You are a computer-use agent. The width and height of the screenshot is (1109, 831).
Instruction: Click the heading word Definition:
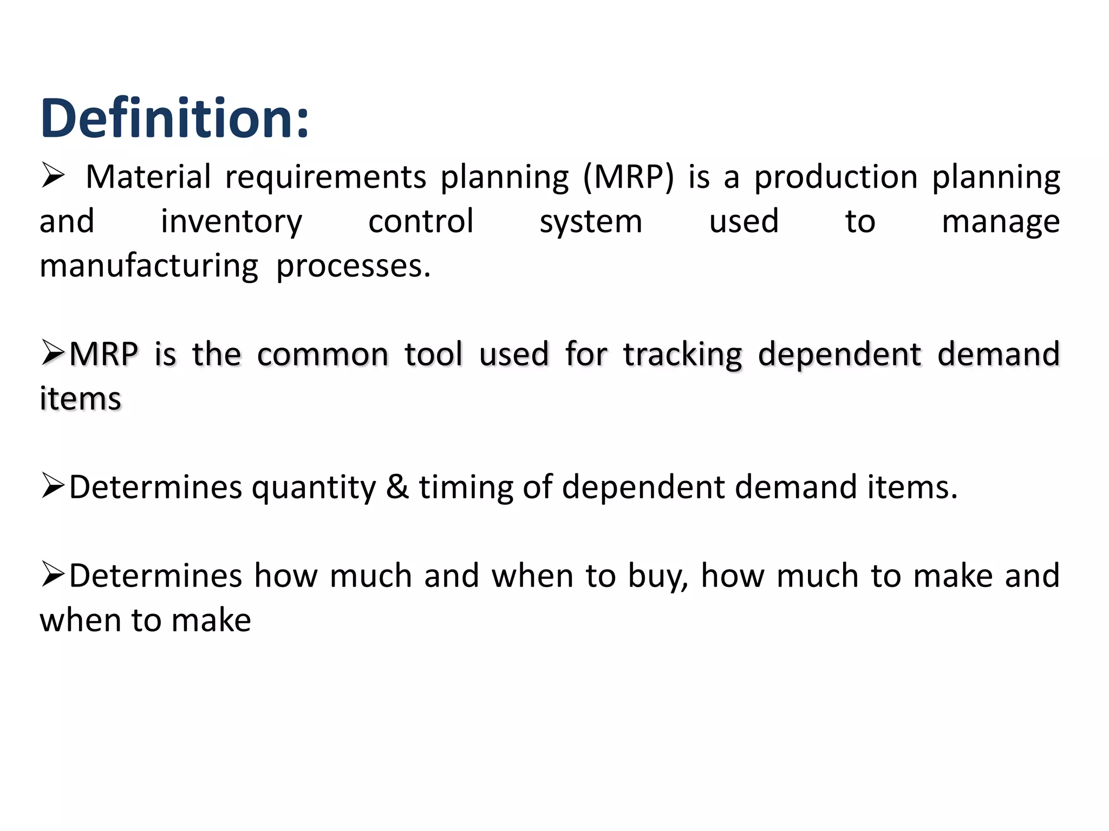point(174,118)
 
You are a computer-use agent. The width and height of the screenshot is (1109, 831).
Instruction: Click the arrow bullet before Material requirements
point(53,176)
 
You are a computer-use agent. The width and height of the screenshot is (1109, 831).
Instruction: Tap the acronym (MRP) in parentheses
point(629,177)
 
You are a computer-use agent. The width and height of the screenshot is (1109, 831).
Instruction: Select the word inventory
point(231,222)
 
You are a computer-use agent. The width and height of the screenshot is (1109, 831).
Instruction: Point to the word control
point(421,221)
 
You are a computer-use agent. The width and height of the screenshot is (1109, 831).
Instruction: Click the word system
point(591,222)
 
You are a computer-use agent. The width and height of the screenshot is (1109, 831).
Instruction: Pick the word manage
point(1000,222)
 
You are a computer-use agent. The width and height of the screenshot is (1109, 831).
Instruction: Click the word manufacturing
point(149,267)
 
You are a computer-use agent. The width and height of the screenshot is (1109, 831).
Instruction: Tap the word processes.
point(353,267)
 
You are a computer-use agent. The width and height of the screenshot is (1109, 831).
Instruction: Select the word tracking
point(682,355)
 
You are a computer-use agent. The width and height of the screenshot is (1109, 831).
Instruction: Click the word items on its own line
point(80,399)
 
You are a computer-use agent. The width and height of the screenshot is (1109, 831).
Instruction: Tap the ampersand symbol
point(397,486)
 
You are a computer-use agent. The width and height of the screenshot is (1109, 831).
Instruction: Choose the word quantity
point(314,487)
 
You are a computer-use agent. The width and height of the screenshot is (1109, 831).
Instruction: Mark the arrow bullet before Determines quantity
point(53,485)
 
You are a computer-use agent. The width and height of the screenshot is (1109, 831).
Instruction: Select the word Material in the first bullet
point(148,177)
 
